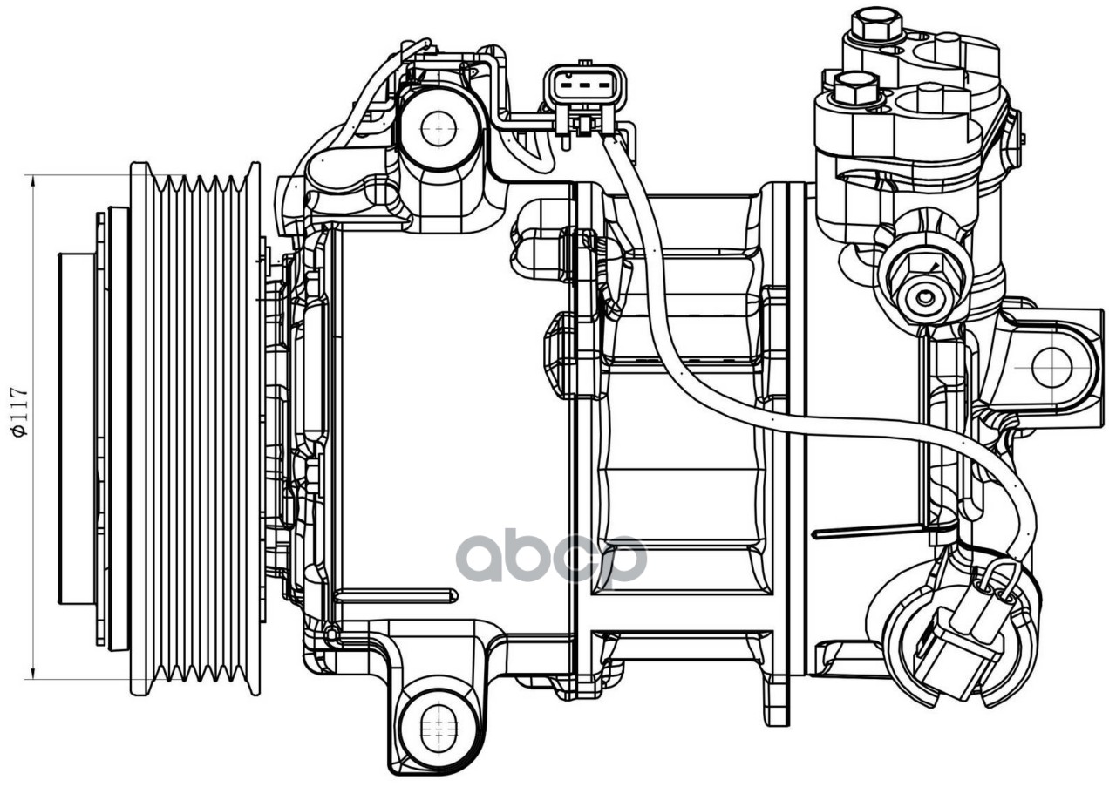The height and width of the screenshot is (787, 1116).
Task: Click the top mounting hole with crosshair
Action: (x=438, y=129)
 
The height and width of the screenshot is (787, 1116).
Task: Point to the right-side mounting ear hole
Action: (x=1051, y=367)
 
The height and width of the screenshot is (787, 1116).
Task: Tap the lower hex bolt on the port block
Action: (x=855, y=87)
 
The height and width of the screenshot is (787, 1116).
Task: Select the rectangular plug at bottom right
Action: (x=955, y=655)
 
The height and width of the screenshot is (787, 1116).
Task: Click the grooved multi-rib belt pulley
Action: (x=195, y=427)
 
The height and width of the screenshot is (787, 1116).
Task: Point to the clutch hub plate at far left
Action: (x=77, y=427)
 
